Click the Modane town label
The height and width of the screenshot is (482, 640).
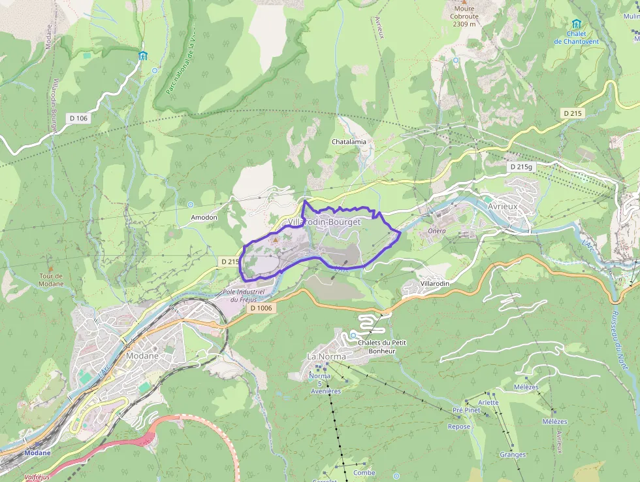click(142, 356)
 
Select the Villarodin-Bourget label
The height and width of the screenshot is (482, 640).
click(324, 222)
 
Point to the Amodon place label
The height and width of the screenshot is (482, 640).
click(203, 217)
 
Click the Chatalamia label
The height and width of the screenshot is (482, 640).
click(349, 141)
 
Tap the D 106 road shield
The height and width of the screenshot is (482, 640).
click(77, 118)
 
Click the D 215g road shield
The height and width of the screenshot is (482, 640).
click(521, 167)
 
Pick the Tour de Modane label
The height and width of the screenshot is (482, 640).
click(51, 279)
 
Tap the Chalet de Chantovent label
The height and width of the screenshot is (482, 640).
click(575, 37)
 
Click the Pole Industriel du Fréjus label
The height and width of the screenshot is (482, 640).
click(242, 296)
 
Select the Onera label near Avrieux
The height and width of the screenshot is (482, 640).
click(437, 231)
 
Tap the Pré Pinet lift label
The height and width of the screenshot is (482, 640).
click(466, 410)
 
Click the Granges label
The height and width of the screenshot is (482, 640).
click(513, 455)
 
